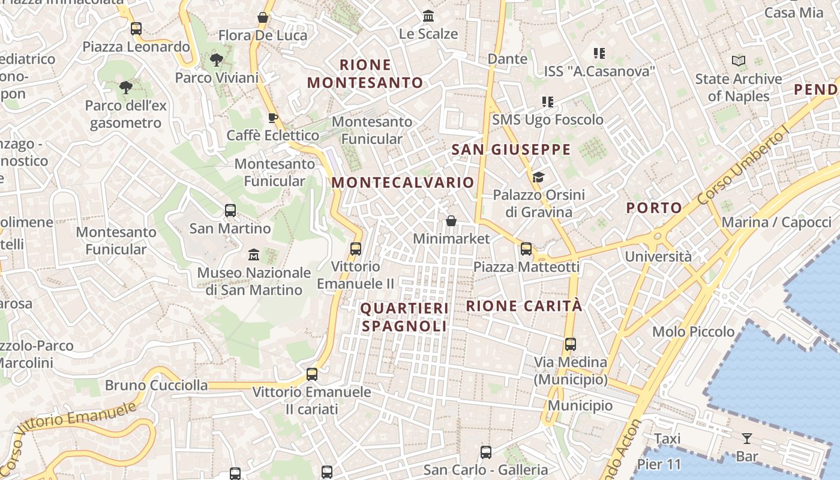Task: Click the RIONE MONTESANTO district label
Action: (x=365, y=73)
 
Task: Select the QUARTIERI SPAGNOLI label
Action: (x=404, y=317)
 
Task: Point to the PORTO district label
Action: (x=654, y=208)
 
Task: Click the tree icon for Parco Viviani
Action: (x=216, y=60)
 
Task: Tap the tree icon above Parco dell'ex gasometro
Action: (x=125, y=88)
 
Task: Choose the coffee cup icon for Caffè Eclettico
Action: (x=272, y=118)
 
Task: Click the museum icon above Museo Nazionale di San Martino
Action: (x=253, y=255)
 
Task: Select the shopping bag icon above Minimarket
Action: (x=451, y=221)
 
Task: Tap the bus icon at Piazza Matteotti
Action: (x=526, y=248)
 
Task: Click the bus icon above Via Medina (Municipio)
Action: (x=570, y=344)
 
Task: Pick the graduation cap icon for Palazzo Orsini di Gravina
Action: (x=538, y=177)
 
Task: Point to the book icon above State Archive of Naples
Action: (x=738, y=61)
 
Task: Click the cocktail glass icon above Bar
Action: (x=746, y=439)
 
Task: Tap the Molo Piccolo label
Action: (x=693, y=332)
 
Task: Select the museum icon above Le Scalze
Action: (x=428, y=16)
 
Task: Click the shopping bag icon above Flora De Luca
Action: (x=262, y=17)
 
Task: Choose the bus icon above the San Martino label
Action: (x=230, y=211)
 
